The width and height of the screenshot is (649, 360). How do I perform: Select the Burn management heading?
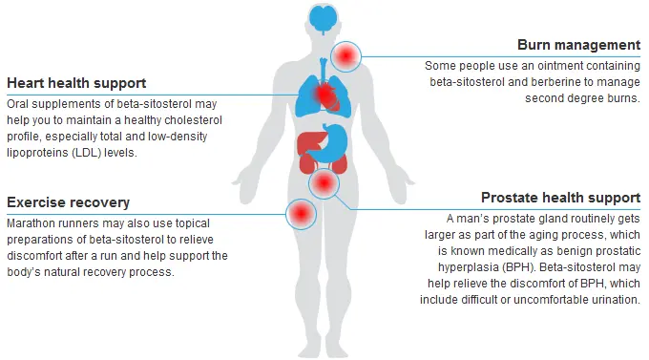578,45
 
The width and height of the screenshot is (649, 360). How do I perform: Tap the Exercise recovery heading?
68,202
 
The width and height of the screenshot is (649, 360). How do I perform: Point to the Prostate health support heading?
560,198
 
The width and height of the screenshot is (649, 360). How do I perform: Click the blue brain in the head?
324,16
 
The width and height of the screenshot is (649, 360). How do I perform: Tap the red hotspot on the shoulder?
345,56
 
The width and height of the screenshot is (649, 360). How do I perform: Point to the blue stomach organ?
333,142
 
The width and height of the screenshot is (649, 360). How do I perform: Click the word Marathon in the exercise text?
31,222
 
